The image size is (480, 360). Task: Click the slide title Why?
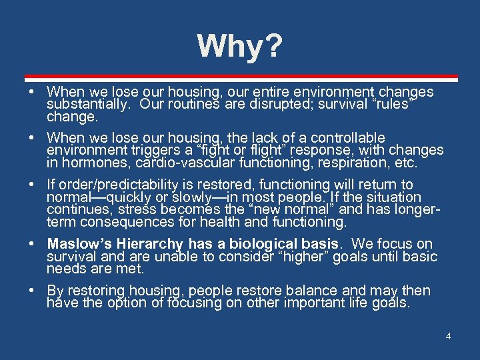[240, 47]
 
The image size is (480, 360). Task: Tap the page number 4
[448, 336]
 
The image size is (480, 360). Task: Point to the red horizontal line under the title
[240, 77]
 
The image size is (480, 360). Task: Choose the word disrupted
[258, 105]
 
